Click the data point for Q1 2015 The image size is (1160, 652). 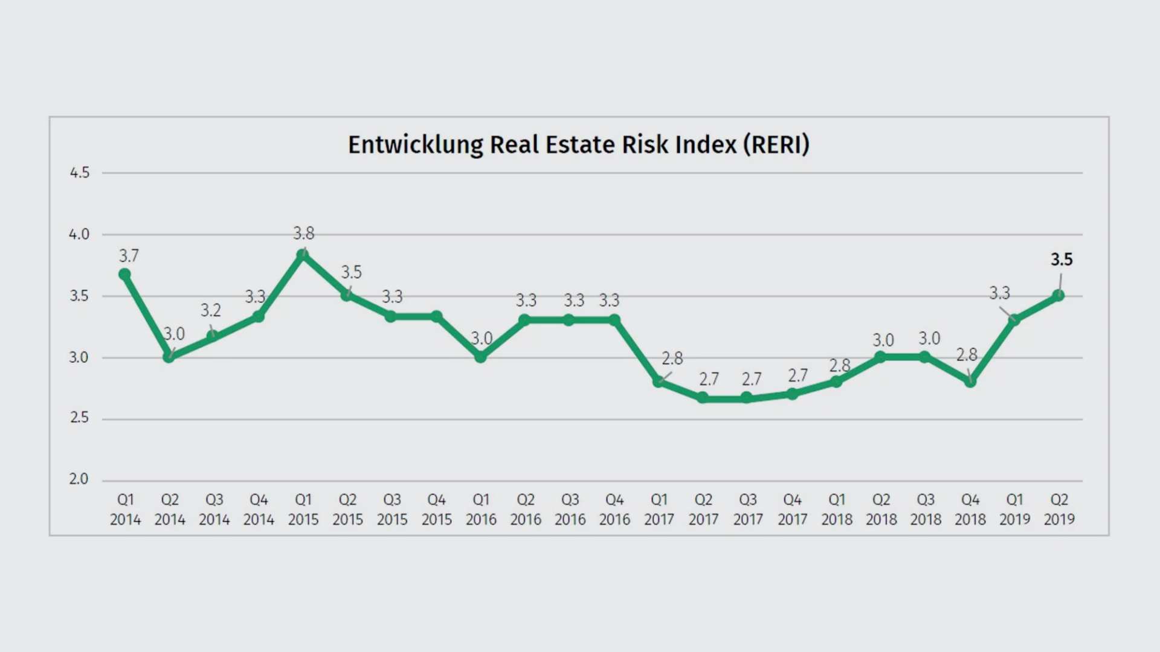303,255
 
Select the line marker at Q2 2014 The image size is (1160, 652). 169,357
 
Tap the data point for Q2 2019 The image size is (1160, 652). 1058,295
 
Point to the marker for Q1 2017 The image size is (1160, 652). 659,382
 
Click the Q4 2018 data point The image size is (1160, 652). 970,382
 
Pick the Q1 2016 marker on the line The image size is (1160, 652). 481,357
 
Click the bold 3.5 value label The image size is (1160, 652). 1062,260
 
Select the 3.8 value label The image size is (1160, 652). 304,233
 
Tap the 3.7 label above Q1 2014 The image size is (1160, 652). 129,256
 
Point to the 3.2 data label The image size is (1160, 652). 211,310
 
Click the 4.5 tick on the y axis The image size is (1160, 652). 79,173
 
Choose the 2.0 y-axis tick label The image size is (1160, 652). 79,479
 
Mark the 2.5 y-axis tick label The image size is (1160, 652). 79,418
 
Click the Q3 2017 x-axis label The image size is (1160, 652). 748,509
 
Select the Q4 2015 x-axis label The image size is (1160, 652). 436,509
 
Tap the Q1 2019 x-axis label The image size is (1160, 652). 1014,509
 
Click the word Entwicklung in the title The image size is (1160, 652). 416,145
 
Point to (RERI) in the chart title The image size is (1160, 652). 776,145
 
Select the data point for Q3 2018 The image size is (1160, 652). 924,357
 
